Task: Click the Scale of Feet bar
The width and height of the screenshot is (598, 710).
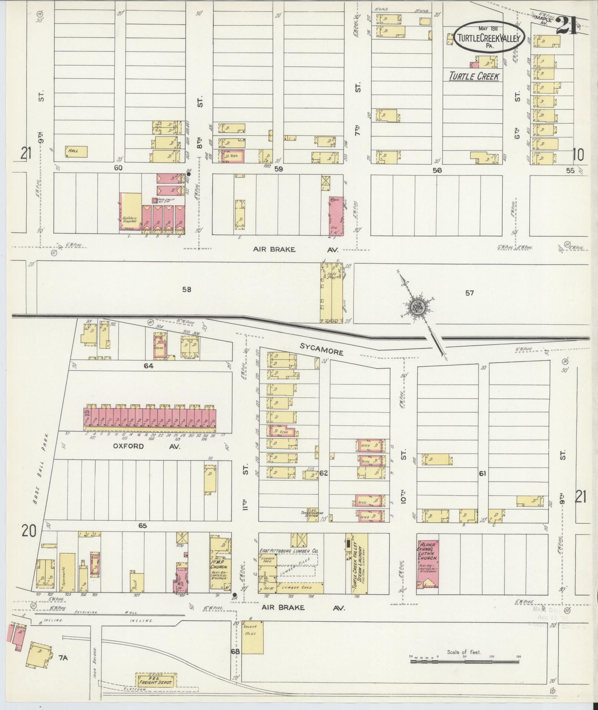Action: click(465, 662)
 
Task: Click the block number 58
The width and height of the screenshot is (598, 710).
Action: click(186, 289)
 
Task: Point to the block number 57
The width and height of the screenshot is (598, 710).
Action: click(469, 293)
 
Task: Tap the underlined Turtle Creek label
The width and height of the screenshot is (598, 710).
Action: click(473, 76)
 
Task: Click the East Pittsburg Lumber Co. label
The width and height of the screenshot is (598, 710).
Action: click(288, 551)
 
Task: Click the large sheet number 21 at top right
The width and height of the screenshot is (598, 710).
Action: click(566, 26)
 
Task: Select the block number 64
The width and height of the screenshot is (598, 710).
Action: click(148, 366)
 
